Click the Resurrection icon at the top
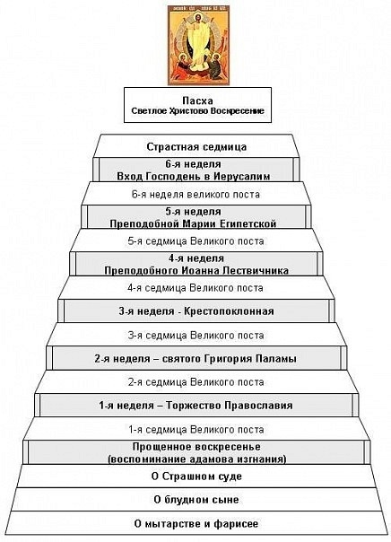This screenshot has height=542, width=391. point(197,45)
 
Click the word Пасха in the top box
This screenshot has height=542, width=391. point(197,101)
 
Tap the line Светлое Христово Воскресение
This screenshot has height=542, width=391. point(197,111)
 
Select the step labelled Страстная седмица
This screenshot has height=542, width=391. point(196,146)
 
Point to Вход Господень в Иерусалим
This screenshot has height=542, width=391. point(194,176)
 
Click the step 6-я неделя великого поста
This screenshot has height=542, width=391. point(195,194)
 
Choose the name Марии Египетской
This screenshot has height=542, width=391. point(230,223)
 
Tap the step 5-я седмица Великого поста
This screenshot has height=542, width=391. point(195,240)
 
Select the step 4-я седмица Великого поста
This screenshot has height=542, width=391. point(195,288)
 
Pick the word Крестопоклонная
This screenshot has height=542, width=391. point(229,311)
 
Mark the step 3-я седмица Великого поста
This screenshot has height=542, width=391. point(195,335)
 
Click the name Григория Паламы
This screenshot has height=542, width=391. point(250,358)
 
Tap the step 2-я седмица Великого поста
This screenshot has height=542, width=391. point(195,382)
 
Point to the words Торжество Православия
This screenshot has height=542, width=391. point(230,405)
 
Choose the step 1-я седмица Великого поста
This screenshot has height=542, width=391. point(195,429)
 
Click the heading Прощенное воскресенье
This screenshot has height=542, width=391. point(196,447)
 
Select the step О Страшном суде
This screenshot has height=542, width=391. point(196,476)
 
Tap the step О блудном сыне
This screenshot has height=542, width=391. point(196,500)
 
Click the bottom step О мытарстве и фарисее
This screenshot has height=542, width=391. point(196,524)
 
